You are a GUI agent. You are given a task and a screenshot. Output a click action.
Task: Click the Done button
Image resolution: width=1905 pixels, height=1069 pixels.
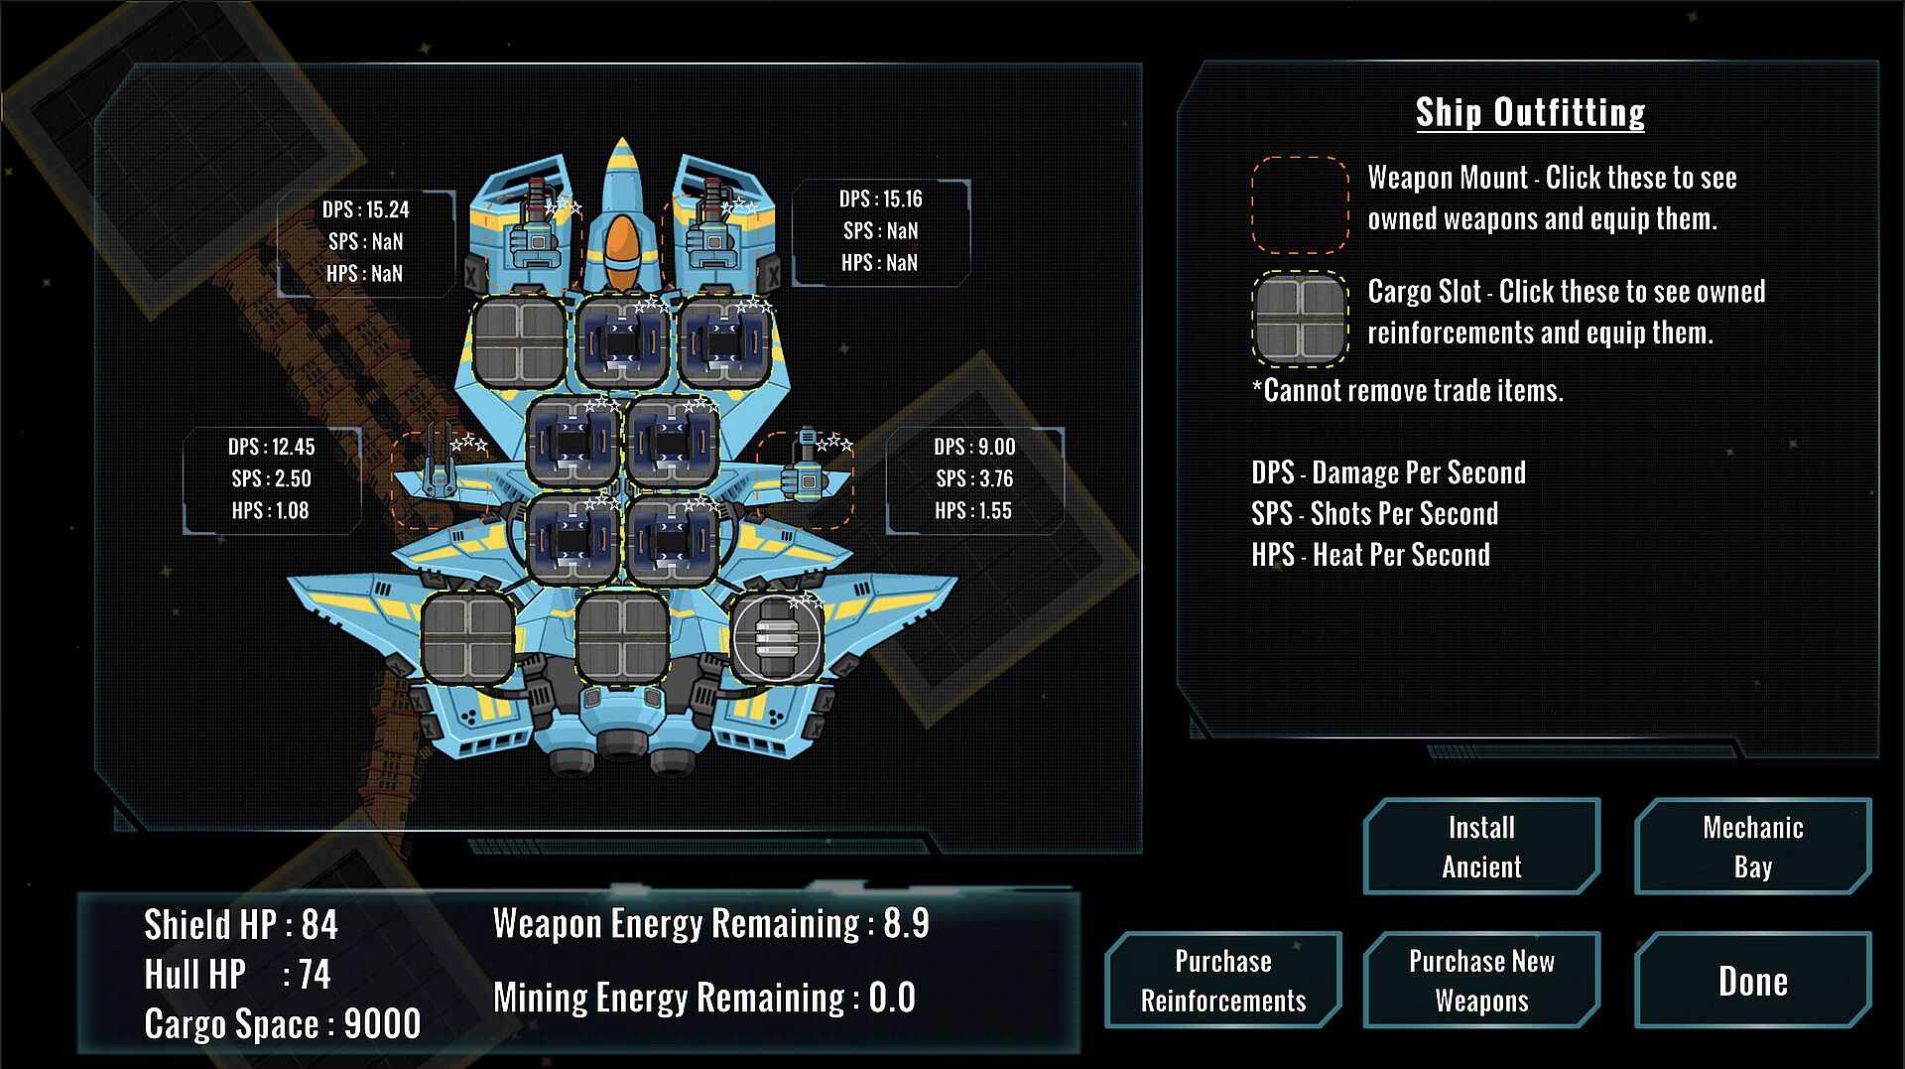click(x=1752, y=981)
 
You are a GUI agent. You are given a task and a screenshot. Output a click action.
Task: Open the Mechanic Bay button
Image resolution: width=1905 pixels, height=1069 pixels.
click(x=1752, y=847)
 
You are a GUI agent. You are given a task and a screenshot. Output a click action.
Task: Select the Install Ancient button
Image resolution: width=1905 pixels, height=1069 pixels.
click(x=1481, y=847)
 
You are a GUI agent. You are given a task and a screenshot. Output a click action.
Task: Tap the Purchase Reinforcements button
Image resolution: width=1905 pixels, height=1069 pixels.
click(x=1222, y=981)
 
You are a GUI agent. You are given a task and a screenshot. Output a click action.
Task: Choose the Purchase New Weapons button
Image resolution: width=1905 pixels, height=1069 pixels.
click(x=1481, y=981)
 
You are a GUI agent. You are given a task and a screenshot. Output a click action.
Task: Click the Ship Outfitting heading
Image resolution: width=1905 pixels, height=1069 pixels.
click(x=1530, y=112)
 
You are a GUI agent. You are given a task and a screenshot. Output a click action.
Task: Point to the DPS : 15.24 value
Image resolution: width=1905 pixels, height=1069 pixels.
click(x=365, y=209)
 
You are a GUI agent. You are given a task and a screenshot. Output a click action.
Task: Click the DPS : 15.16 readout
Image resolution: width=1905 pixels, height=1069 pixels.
click(x=880, y=199)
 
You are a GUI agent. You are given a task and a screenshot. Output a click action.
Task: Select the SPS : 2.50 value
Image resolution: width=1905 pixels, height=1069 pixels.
click(x=271, y=478)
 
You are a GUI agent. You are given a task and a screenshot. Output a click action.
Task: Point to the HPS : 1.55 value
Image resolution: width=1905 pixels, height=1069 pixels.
click(x=973, y=510)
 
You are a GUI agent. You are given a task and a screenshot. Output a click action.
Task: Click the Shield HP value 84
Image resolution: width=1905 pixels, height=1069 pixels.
click(x=319, y=925)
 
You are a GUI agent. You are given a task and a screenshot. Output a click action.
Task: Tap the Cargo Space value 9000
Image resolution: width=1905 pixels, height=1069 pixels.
click(x=382, y=1024)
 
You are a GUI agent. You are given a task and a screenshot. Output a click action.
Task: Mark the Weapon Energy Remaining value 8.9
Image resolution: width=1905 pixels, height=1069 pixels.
click(x=906, y=923)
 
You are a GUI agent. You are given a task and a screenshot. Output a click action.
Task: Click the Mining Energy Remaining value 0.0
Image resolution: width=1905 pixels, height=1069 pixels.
click(x=892, y=998)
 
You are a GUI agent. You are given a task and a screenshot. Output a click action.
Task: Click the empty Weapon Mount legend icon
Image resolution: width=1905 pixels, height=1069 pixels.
click(x=1300, y=204)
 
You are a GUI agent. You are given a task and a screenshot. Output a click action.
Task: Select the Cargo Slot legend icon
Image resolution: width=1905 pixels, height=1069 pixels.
click(x=1300, y=318)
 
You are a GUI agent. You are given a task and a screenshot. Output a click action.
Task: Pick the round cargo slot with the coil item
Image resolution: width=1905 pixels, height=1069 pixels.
click(x=777, y=638)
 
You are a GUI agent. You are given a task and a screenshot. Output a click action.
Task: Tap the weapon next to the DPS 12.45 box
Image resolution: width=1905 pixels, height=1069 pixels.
click(x=437, y=471)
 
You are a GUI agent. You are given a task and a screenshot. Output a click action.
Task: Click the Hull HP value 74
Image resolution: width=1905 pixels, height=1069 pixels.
click(x=315, y=975)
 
